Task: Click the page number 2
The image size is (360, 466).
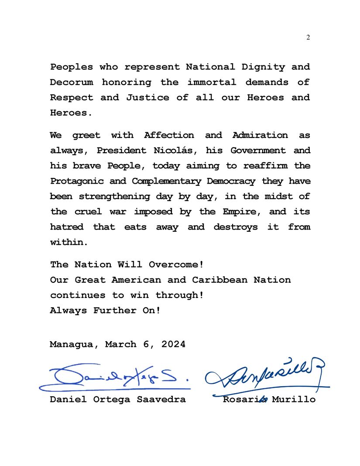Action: point(308,38)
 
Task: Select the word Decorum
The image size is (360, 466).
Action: point(71,82)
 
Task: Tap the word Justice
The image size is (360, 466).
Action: point(147,98)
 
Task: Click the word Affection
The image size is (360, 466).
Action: point(169,135)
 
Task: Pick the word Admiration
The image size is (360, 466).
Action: point(260,135)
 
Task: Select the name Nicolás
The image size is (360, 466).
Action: point(175,151)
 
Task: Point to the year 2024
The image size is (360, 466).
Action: point(173,344)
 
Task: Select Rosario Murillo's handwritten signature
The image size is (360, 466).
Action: point(266,377)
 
